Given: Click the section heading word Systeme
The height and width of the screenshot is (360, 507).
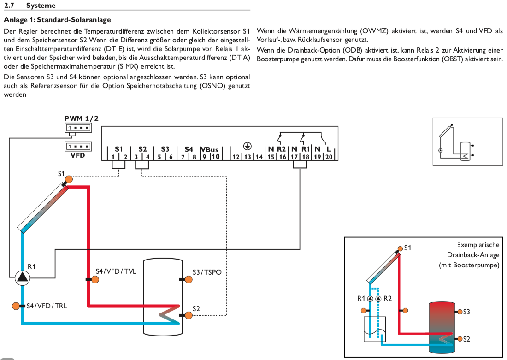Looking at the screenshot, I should pos(41,6).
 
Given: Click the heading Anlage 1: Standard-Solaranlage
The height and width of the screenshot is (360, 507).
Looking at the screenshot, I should pos(57,20).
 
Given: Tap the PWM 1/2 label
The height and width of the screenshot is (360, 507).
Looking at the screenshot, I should pos(81,118).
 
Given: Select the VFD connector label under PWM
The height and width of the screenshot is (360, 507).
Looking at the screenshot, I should pos(78,155).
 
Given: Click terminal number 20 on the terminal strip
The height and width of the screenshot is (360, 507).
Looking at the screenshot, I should pos(329,157).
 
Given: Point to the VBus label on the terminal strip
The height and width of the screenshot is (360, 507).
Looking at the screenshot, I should pos(210,149).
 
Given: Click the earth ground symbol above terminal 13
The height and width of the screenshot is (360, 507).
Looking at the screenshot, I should pos(247,146).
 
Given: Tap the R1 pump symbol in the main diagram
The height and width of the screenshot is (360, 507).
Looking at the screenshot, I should pos(22,277).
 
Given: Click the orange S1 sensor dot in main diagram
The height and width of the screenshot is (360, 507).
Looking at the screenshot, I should pos(68,179).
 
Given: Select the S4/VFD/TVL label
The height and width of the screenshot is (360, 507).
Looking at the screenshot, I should pos(116,271).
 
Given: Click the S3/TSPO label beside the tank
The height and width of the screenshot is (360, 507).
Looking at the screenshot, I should pos(207,272).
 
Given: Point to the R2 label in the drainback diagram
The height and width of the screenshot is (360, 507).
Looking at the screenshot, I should pos(388,298).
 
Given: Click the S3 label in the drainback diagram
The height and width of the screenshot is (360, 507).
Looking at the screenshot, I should pos(466,312).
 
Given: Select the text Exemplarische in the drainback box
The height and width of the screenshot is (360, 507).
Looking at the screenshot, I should pos(478,245).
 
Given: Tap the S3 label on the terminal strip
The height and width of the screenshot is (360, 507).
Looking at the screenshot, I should pos(165,149).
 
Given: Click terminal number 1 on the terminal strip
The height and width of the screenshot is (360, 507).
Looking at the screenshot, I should pos(113,157).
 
